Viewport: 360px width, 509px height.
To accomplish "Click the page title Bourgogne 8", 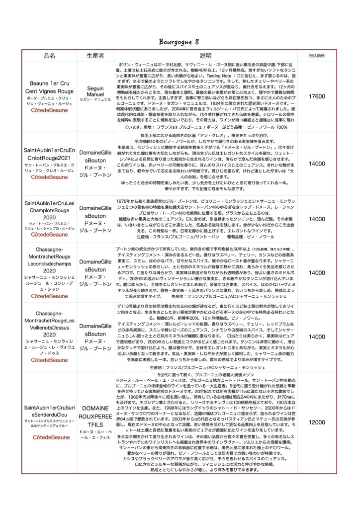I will pos(180,41).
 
